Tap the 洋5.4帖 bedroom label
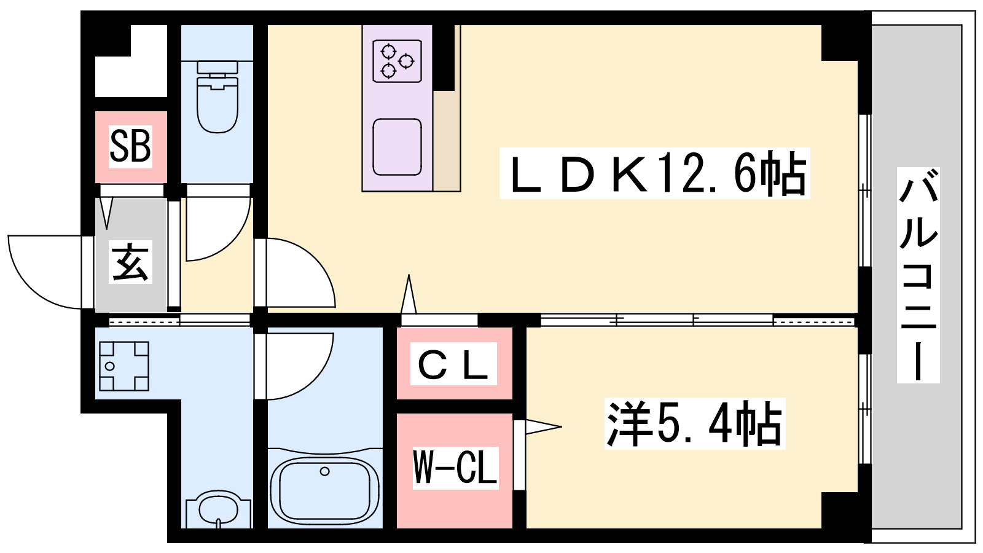tap(694, 423)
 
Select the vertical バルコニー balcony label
tap(918, 275)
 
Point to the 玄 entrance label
tap(130, 262)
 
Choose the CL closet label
tap(453, 364)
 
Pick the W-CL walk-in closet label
tap(455, 467)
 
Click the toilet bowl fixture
tap(217, 104)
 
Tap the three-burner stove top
tap(397, 61)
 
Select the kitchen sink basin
tap(397, 147)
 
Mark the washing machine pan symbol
tap(124, 366)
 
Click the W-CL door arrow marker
tap(543, 426)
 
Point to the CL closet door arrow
tap(409, 294)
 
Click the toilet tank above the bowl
tap(217, 67)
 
